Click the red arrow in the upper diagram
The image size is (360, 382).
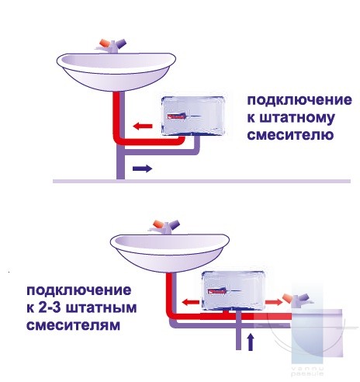pos(143,127)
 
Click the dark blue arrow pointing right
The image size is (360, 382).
pos(142,168)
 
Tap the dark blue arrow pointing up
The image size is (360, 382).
pos(251,342)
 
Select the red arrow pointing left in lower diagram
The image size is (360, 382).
pos(191,302)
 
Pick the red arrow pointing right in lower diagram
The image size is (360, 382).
pos(274,301)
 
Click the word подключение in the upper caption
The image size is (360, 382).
pos(299,100)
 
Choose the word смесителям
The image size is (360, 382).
pos(74,325)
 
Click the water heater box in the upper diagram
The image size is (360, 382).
pos(193,116)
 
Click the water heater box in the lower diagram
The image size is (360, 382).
pos(234,291)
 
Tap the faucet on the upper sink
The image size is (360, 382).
pos(112,46)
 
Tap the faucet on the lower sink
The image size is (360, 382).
pos(164,227)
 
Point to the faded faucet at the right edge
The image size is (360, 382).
pos(297,300)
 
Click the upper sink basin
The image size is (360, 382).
pos(116,72)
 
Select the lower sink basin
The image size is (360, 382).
pos(170,253)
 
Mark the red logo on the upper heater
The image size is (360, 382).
pos(176,117)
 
